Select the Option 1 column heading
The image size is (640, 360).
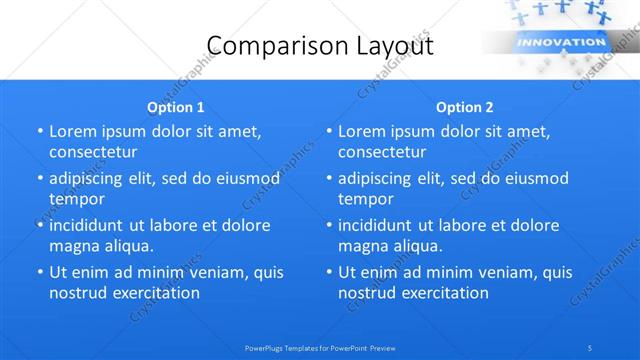tap(176, 106)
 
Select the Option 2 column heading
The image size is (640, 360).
tap(465, 106)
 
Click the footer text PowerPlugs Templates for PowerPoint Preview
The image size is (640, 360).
tap(320, 347)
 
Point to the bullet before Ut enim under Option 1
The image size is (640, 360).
tap(39, 272)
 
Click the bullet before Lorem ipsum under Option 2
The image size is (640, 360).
tap(328, 131)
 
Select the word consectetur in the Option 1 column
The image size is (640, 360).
tap(93, 152)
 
